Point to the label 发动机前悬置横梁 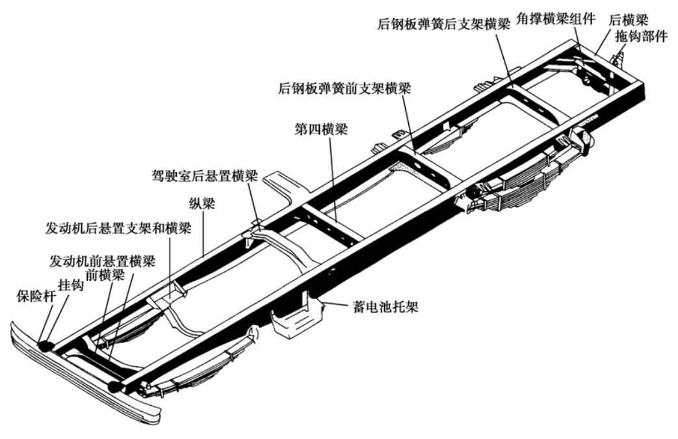[103, 261]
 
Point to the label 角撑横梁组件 [555, 17]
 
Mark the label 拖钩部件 [640, 36]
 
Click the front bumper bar [85, 384]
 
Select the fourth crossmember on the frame [335, 221]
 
